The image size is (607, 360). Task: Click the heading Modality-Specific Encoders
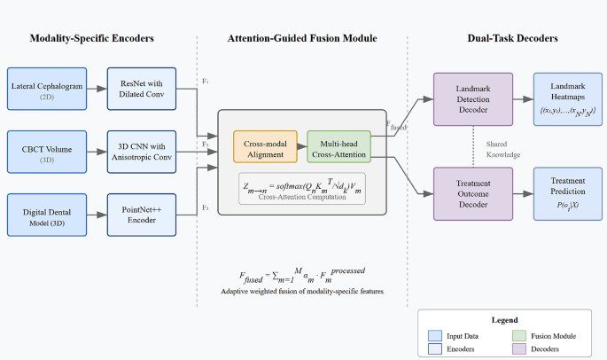(x=93, y=38)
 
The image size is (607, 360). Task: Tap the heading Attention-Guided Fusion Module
(x=302, y=38)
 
